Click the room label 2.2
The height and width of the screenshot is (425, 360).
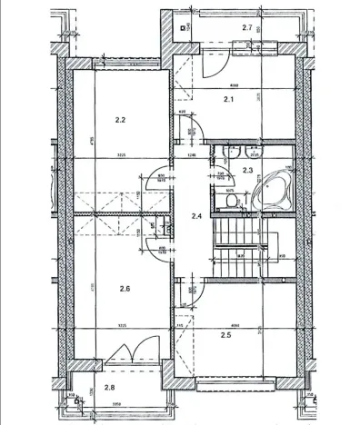tap(120, 119)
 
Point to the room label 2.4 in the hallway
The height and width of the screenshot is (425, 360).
tap(195, 215)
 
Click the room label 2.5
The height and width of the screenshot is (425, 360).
tap(226, 335)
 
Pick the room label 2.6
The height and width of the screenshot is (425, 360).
tap(125, 289)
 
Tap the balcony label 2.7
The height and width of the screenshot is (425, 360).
tap(246, 29)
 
